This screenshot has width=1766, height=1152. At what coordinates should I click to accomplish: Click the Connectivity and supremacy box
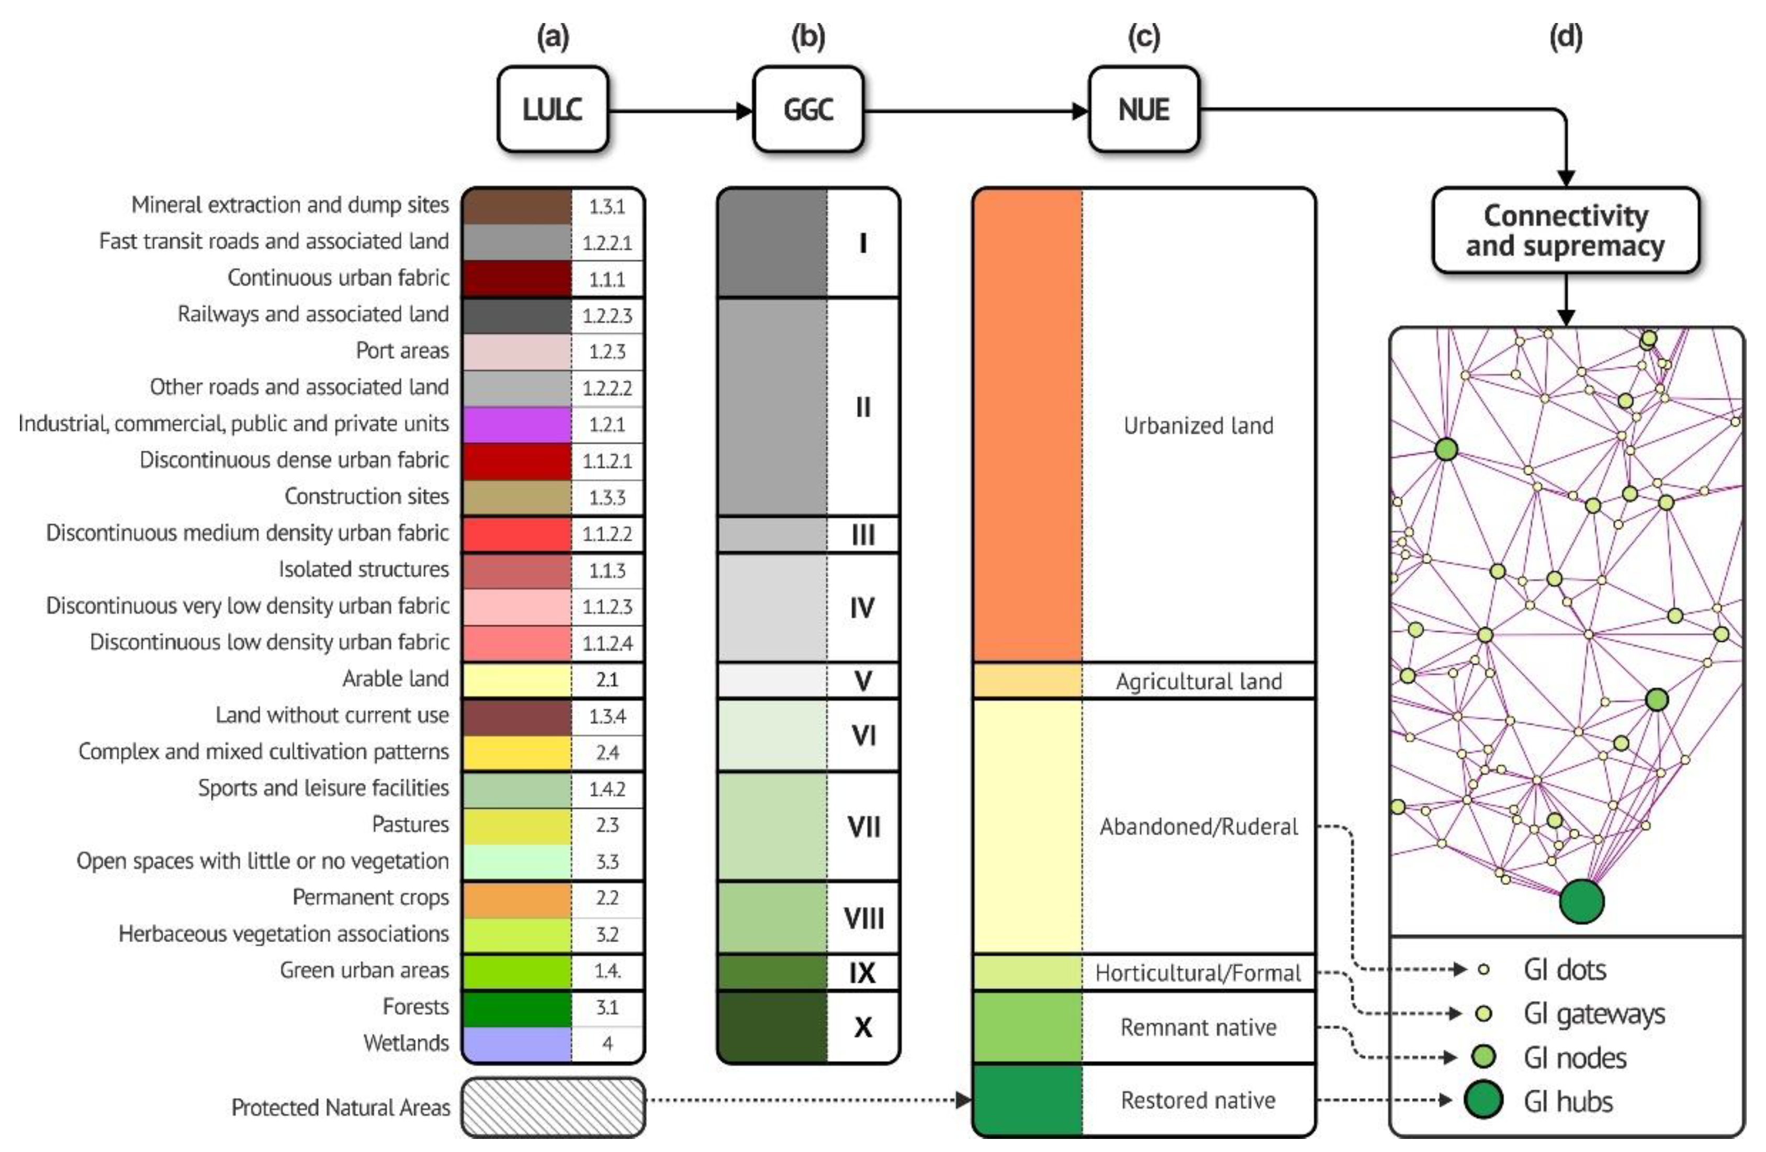1565,230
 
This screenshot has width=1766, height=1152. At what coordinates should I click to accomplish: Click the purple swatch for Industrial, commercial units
516,424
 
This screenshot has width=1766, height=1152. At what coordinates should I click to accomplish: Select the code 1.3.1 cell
607,206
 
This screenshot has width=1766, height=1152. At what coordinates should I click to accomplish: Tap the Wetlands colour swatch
516,1044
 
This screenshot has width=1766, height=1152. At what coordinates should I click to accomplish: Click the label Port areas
402,350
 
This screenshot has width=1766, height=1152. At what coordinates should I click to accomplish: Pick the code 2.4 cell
607,753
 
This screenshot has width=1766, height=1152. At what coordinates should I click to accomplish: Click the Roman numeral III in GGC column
862,534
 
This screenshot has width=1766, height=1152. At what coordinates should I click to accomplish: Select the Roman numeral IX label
862,972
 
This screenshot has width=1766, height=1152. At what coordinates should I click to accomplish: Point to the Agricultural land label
1198,681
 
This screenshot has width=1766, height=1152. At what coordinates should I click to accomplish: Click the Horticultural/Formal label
1198,972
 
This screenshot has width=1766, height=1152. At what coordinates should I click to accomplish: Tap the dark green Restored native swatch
1027,1100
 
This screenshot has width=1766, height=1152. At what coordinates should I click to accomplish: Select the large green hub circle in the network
1581,901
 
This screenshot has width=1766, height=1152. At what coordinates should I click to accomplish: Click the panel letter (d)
1566,37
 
